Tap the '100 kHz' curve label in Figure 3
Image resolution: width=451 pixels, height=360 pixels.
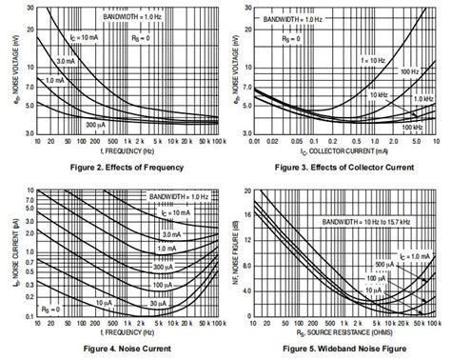(410, 126)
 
